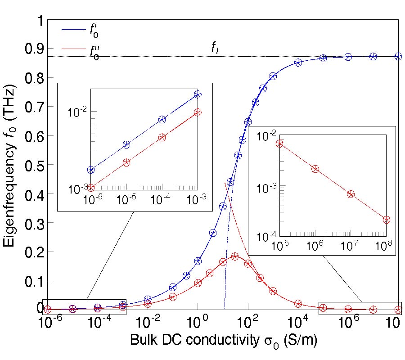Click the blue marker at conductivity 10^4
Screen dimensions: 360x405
point(298,63)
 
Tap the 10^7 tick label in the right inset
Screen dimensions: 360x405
point(350,245)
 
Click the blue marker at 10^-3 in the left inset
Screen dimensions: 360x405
point(198,94)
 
